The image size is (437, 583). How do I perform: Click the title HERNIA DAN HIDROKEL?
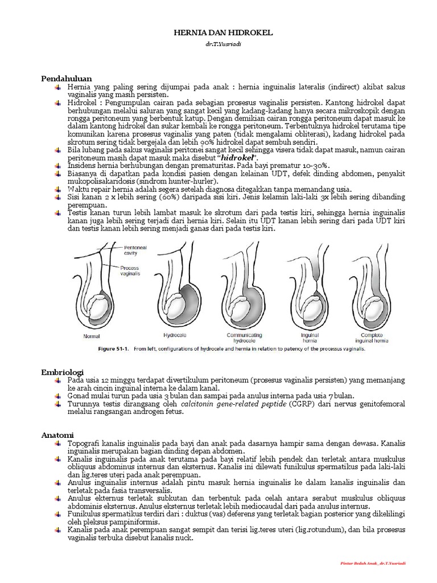223,34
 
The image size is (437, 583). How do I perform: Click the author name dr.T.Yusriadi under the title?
223,44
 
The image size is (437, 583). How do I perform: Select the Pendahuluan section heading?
67,78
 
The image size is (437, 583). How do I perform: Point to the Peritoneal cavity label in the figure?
135,251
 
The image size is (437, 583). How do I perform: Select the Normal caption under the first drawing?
92,337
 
